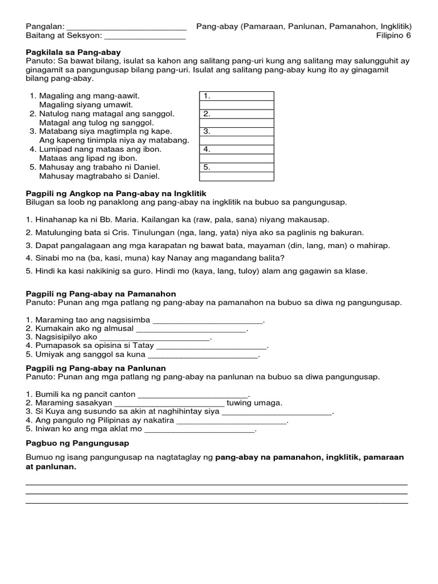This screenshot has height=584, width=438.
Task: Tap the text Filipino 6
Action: coord(394,36)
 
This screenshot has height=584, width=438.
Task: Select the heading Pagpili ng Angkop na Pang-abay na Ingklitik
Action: coord(116,193)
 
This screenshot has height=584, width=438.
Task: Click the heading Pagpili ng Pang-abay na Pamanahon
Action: coord(101,294)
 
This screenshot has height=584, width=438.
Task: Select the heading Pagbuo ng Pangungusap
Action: coord(78,443)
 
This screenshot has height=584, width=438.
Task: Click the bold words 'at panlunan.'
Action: coord(51,467)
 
